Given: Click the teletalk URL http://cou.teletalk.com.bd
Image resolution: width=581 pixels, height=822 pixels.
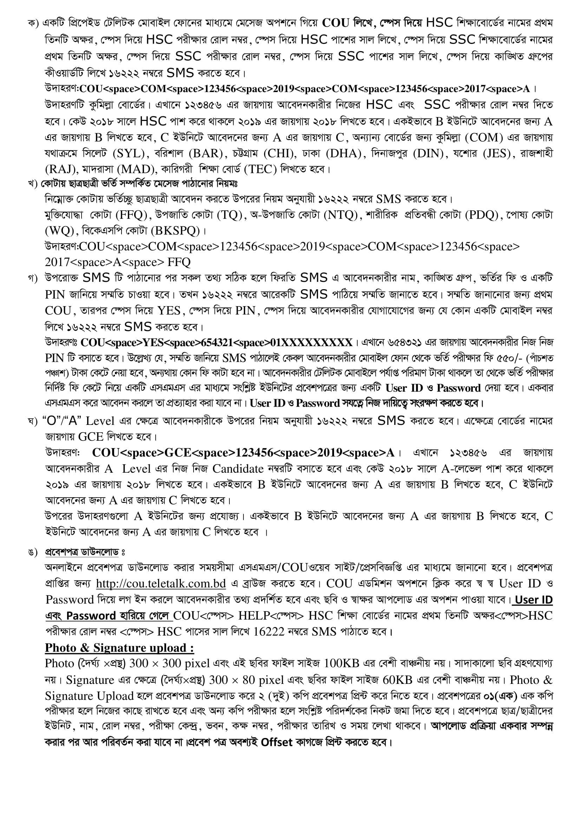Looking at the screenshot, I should click(x=161, y=584).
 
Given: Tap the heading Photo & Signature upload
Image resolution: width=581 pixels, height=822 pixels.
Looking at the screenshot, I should click(x=119, y=648).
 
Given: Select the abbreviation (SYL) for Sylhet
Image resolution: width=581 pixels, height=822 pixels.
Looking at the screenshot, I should click(x=129, y=154).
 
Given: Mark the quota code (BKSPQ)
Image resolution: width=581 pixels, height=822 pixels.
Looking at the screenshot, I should click(x=175, y=231).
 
